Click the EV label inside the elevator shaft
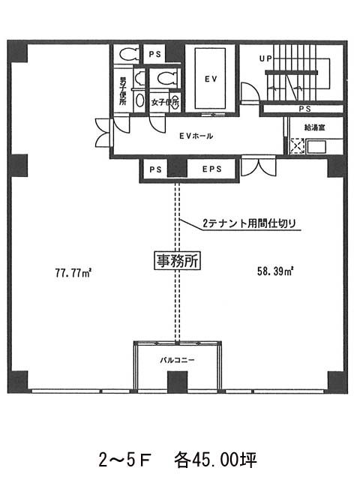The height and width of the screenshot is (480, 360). pyautogui.click(x=211, y=79)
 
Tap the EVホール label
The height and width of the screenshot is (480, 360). pyautogui.click(x=196, y=136)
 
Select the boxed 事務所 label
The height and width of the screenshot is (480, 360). pyautogui.click(x=177, y=261)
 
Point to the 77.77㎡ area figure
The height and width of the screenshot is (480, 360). pyautogui.click(x=73, y=272)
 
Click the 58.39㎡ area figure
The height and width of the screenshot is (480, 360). pyautogui.click(x=275, y=271)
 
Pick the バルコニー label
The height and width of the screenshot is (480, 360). pyautogui.click(x=177, y=360)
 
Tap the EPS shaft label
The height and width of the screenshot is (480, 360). pyautogui.click(x=211, y=169)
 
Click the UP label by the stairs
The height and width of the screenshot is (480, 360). pyautogui.click(x=265, y=58)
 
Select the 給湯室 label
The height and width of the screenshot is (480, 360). pyautogui.click(x=314, y=127)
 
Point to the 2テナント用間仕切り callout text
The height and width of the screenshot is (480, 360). pyautogui.click(x=249, y=223)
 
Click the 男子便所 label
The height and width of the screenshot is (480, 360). pyautogui.click(x=123, y=91)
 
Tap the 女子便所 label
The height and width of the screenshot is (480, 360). pyautogui.click(x=165, y=102)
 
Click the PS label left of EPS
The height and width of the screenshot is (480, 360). pyautogui.click(x=155, y=169)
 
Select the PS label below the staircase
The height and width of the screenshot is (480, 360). pyautogui.click(x=305, y=109)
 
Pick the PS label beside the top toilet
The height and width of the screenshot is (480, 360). pyautogui.click(x=155, y=54)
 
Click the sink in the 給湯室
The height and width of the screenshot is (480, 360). pyautogui.click(x=316, y=147)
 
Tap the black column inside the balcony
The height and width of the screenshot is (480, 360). pyautogui.click(x=177, y=382)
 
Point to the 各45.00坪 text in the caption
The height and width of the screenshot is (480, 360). pyautogui.click(x=215, y=460)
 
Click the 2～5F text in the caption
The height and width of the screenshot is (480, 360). pyautogui.click(x=125, y=460)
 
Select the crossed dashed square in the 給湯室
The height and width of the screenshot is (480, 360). pyautogui.click(x=297, y=146)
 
